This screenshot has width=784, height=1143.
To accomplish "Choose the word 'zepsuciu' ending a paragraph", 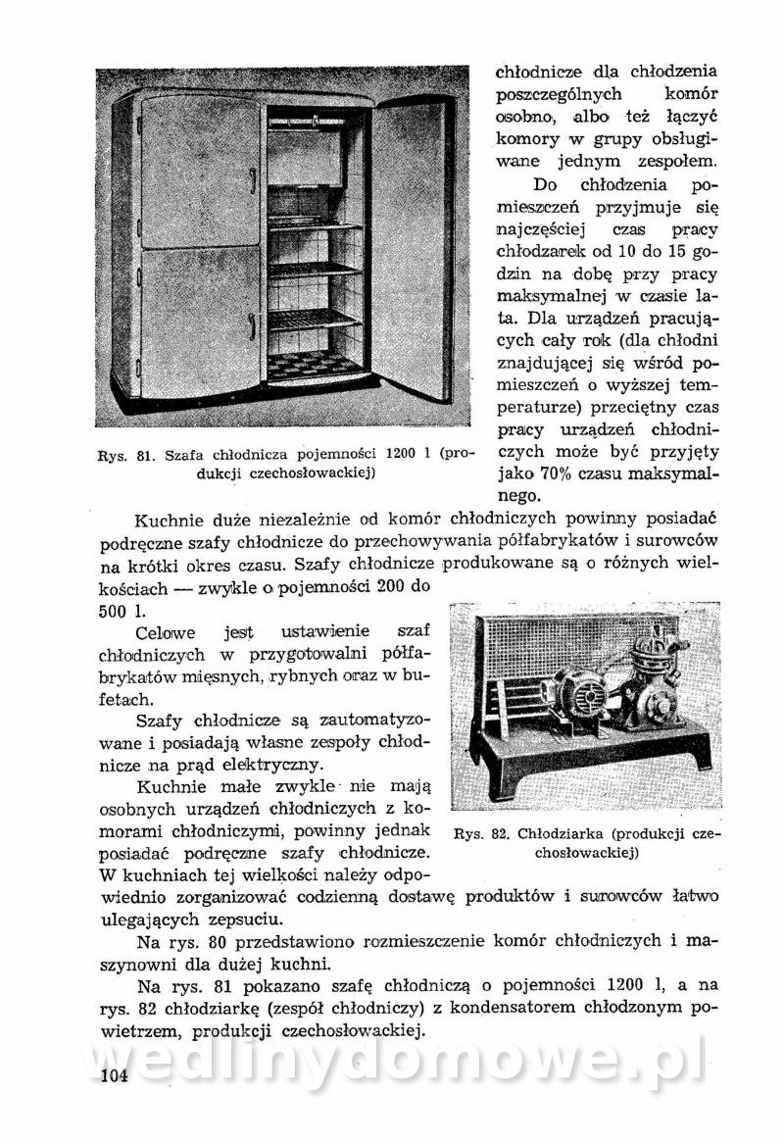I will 241,919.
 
